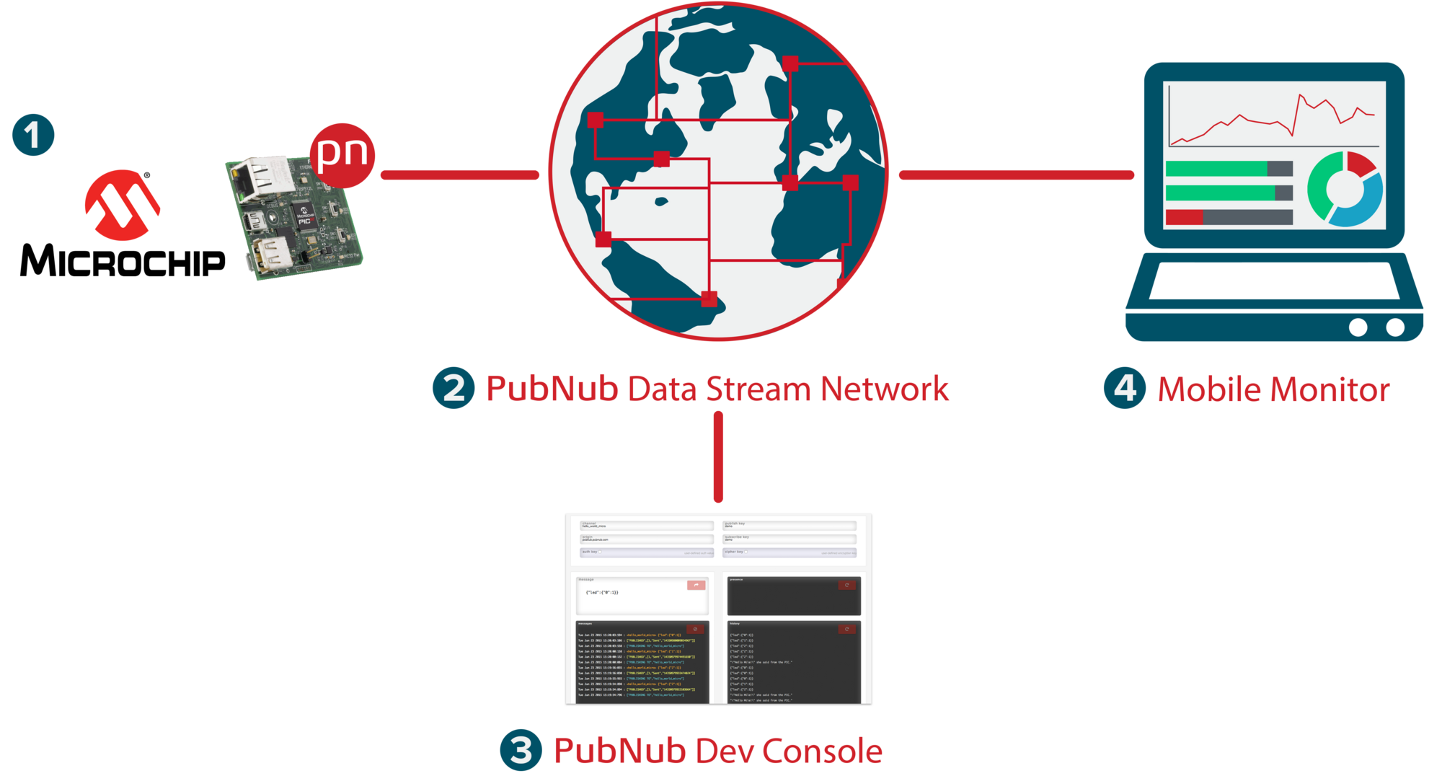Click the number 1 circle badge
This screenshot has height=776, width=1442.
pyautogui.click(x=33, y=135)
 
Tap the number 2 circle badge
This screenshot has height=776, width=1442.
pyautogui.click(x=454, y=388)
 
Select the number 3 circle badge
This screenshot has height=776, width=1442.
pyautogui.click(x=521, y=750)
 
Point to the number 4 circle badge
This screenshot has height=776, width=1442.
pyautogui.click(x=1125, y=388)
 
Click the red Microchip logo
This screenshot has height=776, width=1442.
pyautogui.click(x=123, y=206)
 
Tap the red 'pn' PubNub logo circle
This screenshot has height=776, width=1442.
pyautogui.click(x=342, y=154)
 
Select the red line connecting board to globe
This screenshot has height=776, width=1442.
pyautogui.click(x=459, y=175)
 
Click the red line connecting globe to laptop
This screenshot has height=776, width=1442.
pyautogui.click(x=1016, y=175)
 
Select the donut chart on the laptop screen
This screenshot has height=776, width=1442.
pyautogui.click(x=1345, y=189)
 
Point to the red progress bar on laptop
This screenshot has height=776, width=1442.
pyautogui.click(x=1185, y=217)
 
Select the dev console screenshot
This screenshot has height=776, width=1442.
pyautogui.click(x=718, y=608)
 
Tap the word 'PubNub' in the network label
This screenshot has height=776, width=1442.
pyautogui.click(x=552, y=389)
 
